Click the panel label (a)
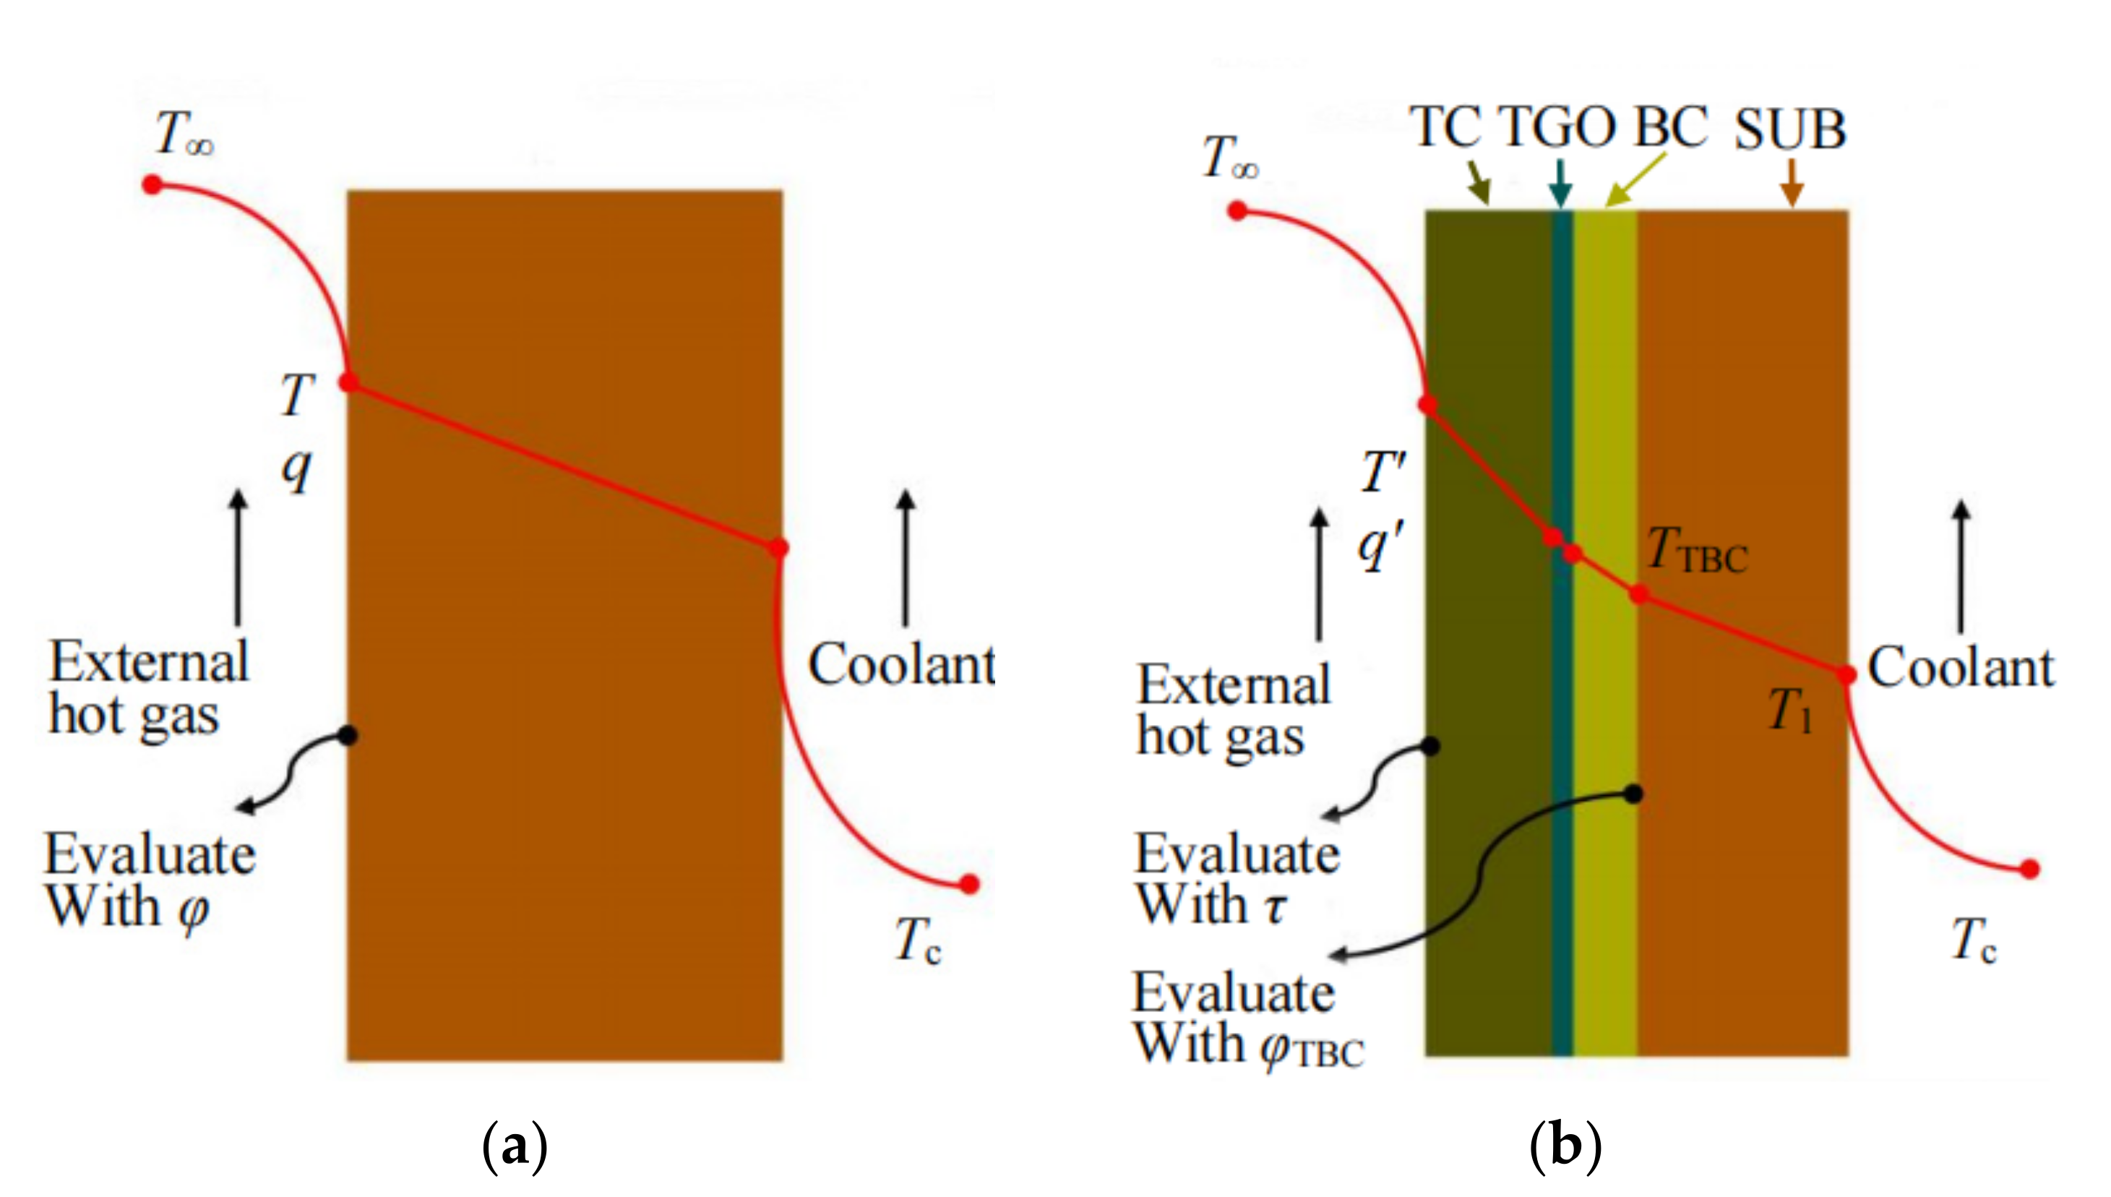coord(515,1146)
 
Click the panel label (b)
coord(1565,1146)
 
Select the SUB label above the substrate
coord(1789,130)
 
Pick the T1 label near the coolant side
coord(1789,711)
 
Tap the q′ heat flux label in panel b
coord(1380,546)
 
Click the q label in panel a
coord(296,468)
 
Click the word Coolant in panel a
coord(900,664)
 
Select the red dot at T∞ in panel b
coord(1237,212)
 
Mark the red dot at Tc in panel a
coord(970,885)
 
